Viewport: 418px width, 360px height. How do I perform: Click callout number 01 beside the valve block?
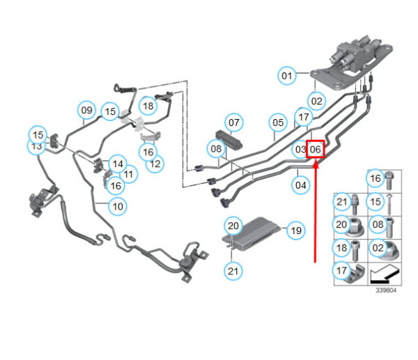[x=287, y=74]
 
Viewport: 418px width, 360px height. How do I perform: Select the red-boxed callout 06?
[x=316, y=149]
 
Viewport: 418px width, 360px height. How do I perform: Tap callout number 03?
[x=300, y=149]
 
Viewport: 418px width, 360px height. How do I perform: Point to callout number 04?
[x=300, y=185]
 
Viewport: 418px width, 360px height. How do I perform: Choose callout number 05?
[x=278, y=123]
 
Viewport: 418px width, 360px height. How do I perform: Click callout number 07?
[x=234, y=123]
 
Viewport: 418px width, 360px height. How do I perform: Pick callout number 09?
[x=86, y=109]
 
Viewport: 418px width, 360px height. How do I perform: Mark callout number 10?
[x=117, y=206]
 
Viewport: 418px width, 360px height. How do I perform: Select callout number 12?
[x=155, y=164]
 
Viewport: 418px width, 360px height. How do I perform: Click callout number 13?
[x=36, y=146]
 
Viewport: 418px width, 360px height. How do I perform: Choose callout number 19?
[x=295, y=230]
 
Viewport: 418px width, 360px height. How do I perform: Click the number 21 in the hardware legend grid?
[x=341, y=203]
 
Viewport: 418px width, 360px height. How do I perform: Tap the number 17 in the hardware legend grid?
[x=341, y=271]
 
